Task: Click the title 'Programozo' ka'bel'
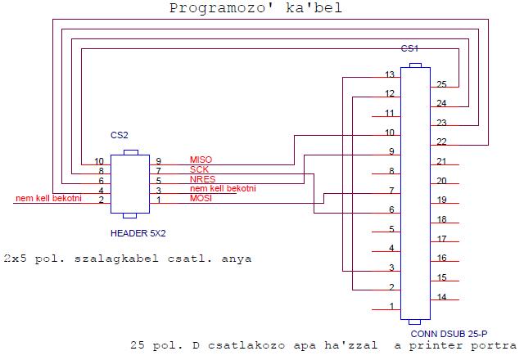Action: tap(255, 9)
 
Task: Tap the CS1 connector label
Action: tap(409, 49)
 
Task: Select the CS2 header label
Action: tap(120, 134)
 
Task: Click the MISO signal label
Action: tap(201, 160)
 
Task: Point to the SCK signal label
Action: tap(199, 169)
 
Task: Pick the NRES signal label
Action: tap(201, 179)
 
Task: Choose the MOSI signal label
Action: tap(201, 199)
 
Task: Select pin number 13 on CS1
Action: tap(390, 75)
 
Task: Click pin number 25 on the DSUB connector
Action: tap(441, 84)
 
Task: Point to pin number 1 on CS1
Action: tap(391, 307)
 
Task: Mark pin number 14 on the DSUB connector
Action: tap(441, 297)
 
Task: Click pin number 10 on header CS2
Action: tap(99, 161)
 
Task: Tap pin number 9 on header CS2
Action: tap(159, 161)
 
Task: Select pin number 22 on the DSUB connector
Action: tap(441, 142)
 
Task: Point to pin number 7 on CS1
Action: tap(392, 191)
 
